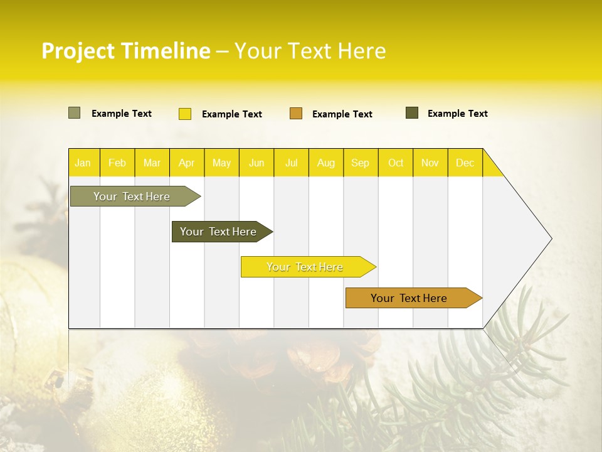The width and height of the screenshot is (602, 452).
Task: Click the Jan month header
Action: [83, 163]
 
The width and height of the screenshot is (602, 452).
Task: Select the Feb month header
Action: [117, 163]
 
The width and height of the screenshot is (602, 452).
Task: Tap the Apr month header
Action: [187, 163]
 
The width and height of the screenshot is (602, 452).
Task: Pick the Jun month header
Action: [256, 163]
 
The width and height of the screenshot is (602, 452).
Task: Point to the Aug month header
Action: [326, 163]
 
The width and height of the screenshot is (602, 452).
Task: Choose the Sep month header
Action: [361, 163]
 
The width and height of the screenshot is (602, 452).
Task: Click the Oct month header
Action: [396, 163]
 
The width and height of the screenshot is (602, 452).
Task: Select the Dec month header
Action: [465, 163]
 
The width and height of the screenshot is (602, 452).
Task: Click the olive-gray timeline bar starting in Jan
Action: [132, 196]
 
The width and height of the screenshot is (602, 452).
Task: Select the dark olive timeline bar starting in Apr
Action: [218, 232]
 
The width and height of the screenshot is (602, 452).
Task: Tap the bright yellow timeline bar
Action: [305, 267]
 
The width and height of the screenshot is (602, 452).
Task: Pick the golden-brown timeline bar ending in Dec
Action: [409, 298]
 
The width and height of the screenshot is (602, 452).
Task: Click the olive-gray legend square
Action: [74, 113]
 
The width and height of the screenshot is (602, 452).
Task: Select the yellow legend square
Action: [185, 114]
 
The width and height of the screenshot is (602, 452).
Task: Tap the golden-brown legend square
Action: [296, 113]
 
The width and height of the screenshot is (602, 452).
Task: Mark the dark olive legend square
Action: [412, 113]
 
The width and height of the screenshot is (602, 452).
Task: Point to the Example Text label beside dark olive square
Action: [457, 114]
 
